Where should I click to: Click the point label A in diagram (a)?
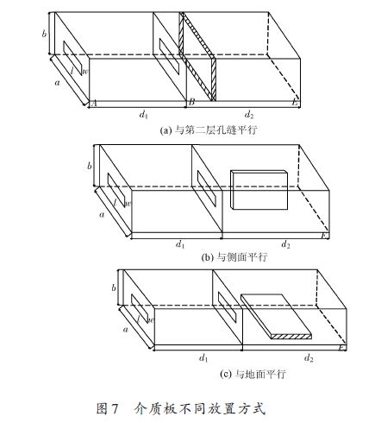click(x=93, y=104)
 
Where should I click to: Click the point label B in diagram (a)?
click(x=191, y=102)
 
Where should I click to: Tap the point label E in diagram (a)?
click(x=295, y=102)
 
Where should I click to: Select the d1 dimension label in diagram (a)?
click(x=143, y=115)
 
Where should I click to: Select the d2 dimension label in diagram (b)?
click(x=285, y=244)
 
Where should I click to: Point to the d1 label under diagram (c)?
click(x=203, y=358)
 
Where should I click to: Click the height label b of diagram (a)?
click(x=44, y=34)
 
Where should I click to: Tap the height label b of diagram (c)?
click(x=114, y=287)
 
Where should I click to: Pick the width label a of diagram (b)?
click(x=102, y=215)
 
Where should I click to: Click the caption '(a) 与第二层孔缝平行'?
click(x=209, y=130)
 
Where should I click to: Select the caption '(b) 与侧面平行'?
click(x=234, y=256)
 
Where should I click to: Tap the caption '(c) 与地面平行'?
click(x=253, y=374)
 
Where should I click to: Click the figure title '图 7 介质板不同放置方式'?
click(x=180, y=408)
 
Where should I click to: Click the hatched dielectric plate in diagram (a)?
click(x=197, y=56)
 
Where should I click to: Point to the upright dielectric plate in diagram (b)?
click(x=259, y=190)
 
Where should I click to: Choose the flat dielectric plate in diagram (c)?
click(x=276, y=317)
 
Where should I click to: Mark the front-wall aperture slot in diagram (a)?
click(x=76, y=58)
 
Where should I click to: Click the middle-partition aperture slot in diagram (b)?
click(x=207, y=188)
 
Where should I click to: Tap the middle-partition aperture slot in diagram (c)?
click(x=227, y=307)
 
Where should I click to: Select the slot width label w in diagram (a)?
click(x=85, y=72)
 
